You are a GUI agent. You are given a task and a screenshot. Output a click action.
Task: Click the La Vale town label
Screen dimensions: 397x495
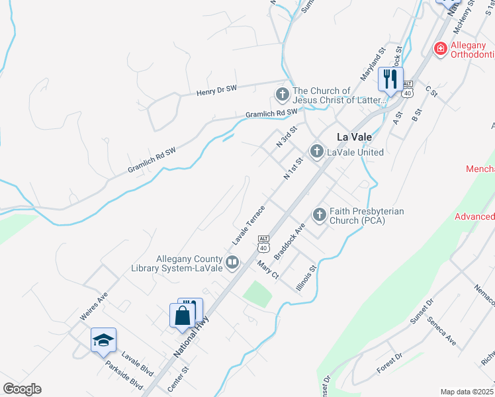(353, 137)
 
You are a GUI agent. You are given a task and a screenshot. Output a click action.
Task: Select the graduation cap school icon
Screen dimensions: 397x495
(103, 340)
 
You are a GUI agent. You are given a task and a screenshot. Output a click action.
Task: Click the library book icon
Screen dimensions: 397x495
(232, 263)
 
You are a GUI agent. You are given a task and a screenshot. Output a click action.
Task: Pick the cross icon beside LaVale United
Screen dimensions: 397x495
(317, 152)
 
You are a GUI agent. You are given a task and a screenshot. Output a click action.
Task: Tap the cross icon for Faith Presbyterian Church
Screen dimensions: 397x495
(320, 214)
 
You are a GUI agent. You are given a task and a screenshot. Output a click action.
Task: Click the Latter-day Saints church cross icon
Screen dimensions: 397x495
(283, 94)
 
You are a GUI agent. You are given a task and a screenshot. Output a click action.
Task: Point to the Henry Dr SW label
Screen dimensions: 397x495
(216, 90)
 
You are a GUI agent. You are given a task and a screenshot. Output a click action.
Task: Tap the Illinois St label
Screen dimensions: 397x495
(308, 278)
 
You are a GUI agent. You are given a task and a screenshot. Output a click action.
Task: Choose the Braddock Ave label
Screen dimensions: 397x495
(289, 240)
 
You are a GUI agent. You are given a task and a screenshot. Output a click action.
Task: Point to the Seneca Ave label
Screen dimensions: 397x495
(441, 331)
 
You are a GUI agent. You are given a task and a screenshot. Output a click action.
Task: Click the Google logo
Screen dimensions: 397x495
(22, 389)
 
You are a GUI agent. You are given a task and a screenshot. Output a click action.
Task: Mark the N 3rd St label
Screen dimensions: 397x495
(285, 138)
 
